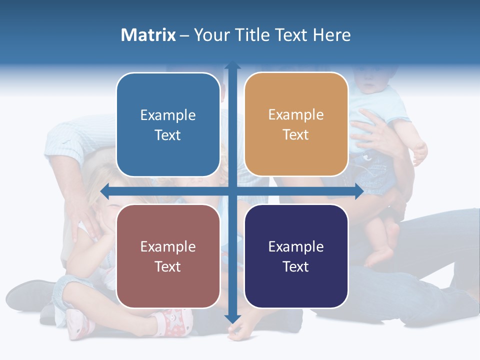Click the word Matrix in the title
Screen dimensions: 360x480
(148, 35)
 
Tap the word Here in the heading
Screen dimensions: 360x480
(331, 35)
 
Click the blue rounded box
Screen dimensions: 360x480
(168, 124)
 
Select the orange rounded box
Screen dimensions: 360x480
(296, 124)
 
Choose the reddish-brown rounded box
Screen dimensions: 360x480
(168, 256)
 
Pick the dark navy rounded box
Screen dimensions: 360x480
(296, 256)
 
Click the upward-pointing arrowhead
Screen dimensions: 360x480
(232, 65)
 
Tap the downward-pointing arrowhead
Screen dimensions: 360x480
(232, 318)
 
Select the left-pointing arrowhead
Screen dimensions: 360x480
(105, 191)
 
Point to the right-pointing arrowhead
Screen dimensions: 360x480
(358, 191)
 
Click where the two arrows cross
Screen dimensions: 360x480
(232, 191)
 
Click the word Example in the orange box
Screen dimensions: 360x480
(296, 115)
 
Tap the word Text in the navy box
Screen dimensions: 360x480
(296, 266)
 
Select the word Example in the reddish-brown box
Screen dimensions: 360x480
(168, 246)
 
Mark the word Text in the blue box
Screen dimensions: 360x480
(168, 135)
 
